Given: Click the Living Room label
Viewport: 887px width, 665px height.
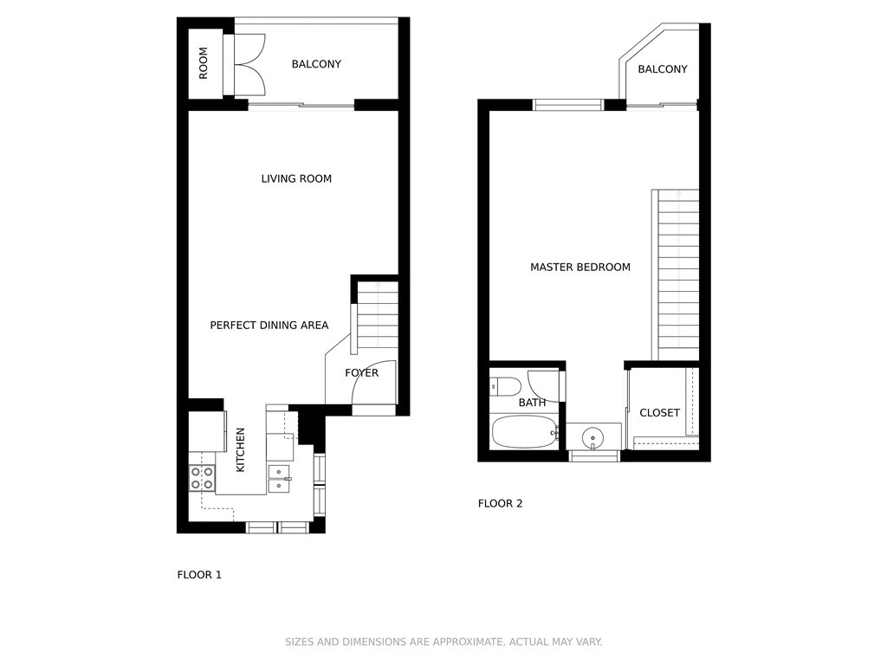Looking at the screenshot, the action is [296, 178].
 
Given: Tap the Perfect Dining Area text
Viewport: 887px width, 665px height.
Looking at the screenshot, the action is [269, 326].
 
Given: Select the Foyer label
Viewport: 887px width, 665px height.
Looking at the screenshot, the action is [361, 372].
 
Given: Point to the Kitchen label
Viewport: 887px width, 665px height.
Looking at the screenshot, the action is [240, 449].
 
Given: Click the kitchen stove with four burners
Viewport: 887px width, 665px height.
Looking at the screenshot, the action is [202, 477].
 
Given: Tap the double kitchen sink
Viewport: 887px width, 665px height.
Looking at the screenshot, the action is [280, 478].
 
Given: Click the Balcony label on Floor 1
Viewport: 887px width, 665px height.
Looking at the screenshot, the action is [316, 64].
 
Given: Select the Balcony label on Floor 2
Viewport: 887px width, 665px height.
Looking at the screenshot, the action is [663, 69].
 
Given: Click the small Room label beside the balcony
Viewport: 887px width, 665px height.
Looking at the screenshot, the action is [203, 62].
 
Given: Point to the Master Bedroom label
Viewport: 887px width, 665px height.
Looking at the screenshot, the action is [579, 267].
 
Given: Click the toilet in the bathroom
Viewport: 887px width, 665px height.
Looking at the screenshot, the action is [505, 386].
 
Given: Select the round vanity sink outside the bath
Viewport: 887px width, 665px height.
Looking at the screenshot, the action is [592, 437].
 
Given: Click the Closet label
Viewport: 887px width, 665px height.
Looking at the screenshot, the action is [659, 413].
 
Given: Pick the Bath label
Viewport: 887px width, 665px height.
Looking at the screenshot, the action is [532, 403].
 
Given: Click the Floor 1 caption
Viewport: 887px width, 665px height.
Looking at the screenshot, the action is [199, 575].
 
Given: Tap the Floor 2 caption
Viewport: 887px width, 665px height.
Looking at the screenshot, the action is [500, 503].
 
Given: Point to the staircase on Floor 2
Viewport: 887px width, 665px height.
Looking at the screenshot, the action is [676, 274].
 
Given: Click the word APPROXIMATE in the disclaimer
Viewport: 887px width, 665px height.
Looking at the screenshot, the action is [467, 642].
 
